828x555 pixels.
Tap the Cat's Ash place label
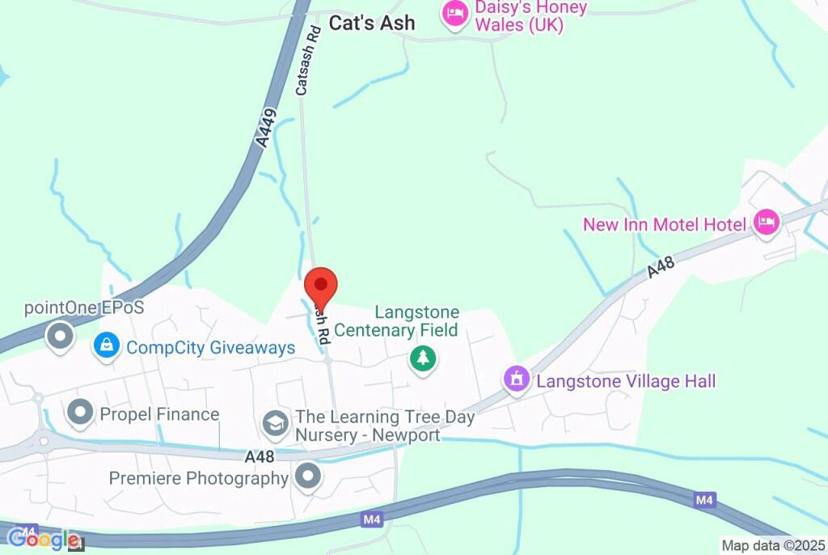pos(373,23)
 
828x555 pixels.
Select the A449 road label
pos(265,128)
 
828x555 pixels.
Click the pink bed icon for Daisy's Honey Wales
pos(455,13)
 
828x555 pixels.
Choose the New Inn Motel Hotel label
pos(665,224)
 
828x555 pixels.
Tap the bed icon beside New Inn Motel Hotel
pos(766,221)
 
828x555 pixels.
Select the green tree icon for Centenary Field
pos(422,358)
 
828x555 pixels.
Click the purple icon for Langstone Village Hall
pos(516,378)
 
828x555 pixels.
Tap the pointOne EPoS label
pos(84,308)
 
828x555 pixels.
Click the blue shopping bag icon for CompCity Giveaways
pos(106,346)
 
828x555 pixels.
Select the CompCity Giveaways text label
pos(211,348)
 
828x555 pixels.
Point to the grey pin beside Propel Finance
pos(81,413)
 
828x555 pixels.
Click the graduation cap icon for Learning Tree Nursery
pos(275,422)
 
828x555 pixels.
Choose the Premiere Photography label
pos(199,478)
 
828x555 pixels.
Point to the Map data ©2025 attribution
pos(773,546)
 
